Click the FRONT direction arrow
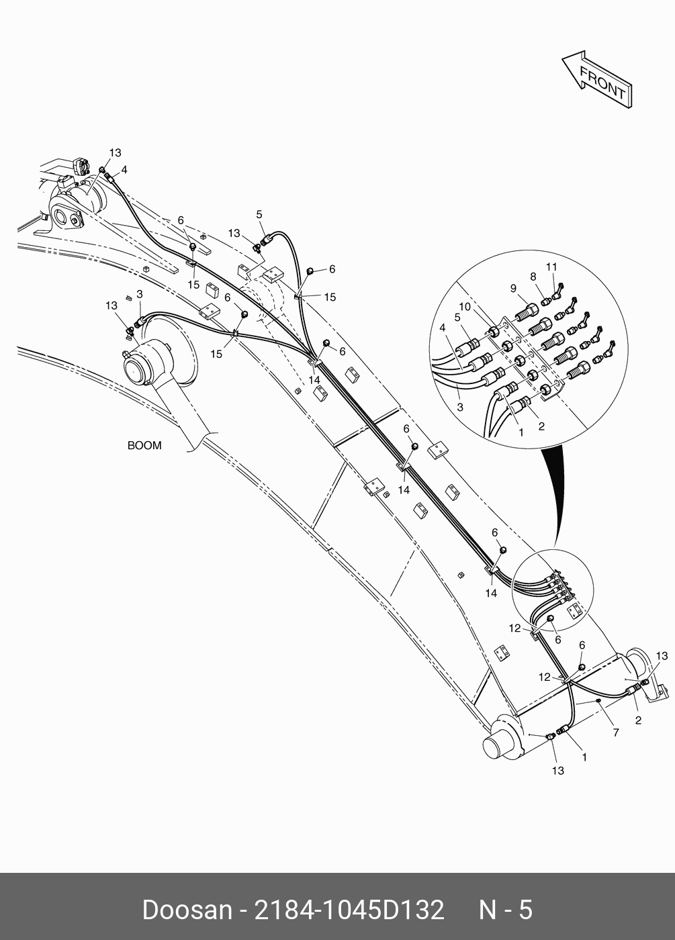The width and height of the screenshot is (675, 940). [596, 80]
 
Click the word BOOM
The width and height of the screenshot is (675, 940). [144, 445]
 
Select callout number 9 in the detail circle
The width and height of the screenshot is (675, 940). [513, 289]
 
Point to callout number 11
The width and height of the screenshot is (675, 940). [551, 267]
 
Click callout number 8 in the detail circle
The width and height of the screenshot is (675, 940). [533, 276]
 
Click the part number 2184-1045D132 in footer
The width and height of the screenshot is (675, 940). [348, 910]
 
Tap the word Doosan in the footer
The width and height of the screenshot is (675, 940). [185, 910]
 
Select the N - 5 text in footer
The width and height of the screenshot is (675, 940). [505, 910]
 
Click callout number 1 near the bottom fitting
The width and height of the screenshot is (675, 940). [584, 757]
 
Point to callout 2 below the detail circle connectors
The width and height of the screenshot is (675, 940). [541, 426]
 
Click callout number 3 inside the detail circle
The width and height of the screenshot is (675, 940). [460, 407]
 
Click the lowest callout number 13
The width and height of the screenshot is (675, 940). [558, 771]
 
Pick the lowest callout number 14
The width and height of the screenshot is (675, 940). [492, 594]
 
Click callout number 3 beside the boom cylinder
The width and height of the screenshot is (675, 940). [139, 294]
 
